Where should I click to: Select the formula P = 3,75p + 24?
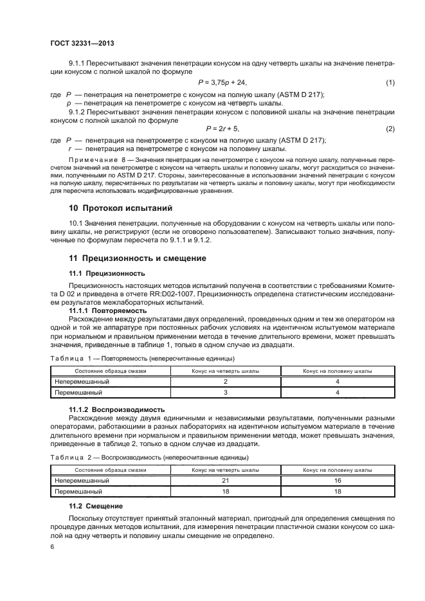(x=222, y=84)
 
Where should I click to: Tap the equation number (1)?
(x=390, y=84)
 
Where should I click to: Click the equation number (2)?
(x=390, y=129)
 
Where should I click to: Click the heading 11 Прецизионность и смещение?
(x=138, y=258)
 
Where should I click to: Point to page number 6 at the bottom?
(x=52, y=546)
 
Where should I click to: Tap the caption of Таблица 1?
(x=141, y=358)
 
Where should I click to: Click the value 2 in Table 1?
(x=226, y=381)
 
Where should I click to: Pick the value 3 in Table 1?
(x=226, y=391)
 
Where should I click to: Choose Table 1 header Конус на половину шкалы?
(x=337, y=371)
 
